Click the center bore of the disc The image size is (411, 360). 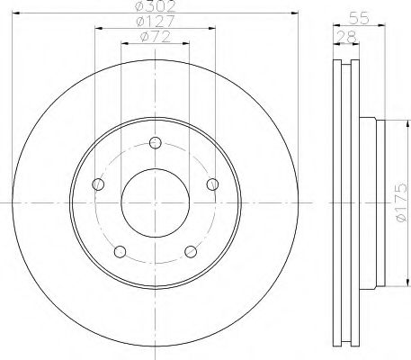click(x=156, y=202)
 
